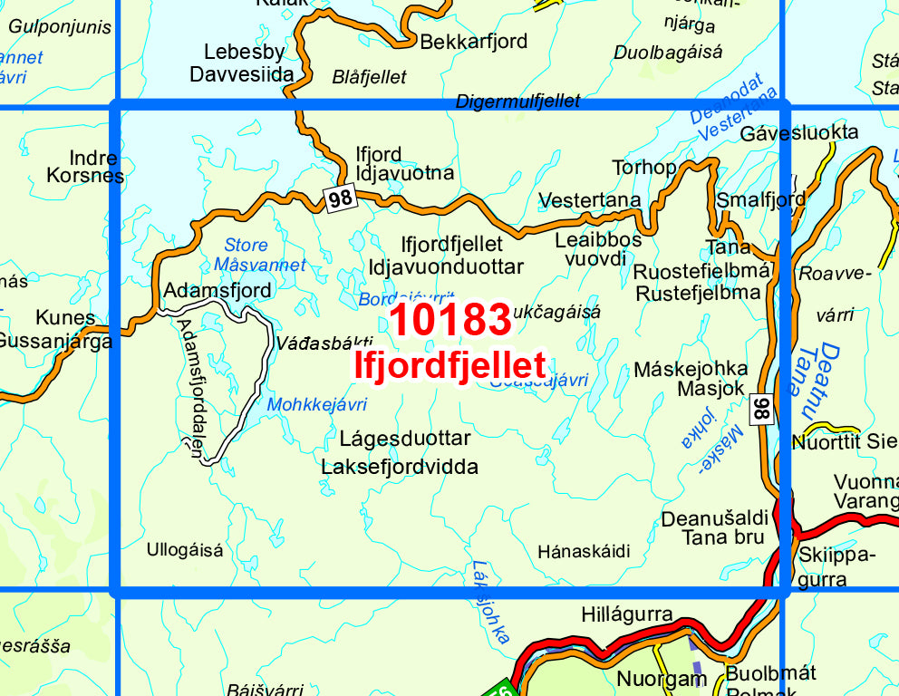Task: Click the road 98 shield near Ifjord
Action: click(340, 198)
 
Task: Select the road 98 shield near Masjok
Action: click(762, 410)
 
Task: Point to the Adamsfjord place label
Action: click(217, 290)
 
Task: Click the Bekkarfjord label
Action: click(473, 42)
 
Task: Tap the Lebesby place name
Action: click(244, 52)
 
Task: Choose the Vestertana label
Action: click(589, 199)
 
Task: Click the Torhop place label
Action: click(644, 168)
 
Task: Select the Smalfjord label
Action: click(760, 198)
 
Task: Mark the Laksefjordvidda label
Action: click(399, 467)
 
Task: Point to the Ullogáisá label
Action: click(184, 549)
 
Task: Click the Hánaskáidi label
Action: click(583, 551)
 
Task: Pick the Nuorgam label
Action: click(662, 678)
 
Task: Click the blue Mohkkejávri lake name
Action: click(316, 404)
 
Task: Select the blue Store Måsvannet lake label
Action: click(259, 255)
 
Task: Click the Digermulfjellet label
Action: click(517, 101)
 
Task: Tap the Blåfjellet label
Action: click(369, 77)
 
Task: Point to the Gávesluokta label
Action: click(798, 132)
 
